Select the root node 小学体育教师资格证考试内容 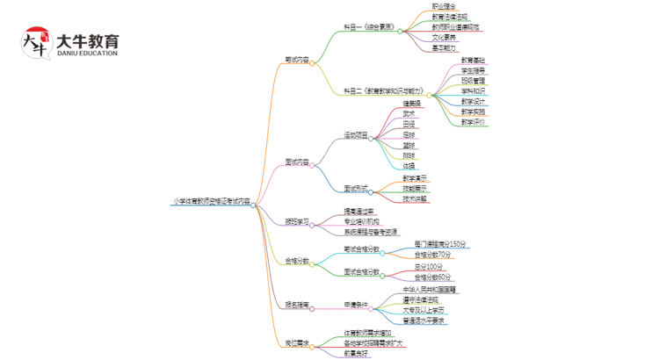[x=210, y=201]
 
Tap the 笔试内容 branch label [x=296, y=61]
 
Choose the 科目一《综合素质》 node [x=368, y=31]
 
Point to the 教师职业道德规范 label [x=456, y=27]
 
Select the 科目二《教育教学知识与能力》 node [x=384, y=90]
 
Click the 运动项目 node [x=355, y=137]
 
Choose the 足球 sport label [x=409, y=134]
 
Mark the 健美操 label [x=411, y=103]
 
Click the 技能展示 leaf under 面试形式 [x=415, y=188]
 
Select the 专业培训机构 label [x=361, y=222]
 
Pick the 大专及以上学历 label [x=423, y=310]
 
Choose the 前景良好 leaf [x=355, y=353]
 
